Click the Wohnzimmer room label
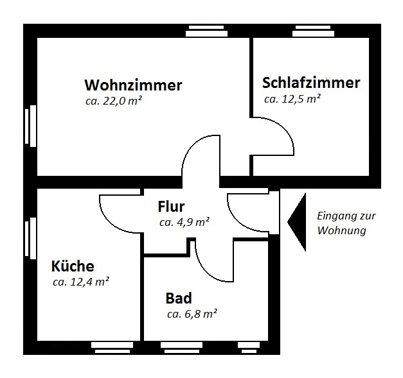133,85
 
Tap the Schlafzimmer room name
311,83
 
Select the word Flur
171,207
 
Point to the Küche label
73,266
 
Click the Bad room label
179,298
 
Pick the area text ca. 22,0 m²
114,101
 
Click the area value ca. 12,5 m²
292,99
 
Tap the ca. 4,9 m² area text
184,222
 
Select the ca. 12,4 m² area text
80,281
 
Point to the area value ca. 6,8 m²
192,314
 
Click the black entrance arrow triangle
296,221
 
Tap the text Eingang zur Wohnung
341,223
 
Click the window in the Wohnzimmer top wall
207,31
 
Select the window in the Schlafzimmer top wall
314,31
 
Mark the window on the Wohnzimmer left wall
30,127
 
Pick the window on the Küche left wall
30,239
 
